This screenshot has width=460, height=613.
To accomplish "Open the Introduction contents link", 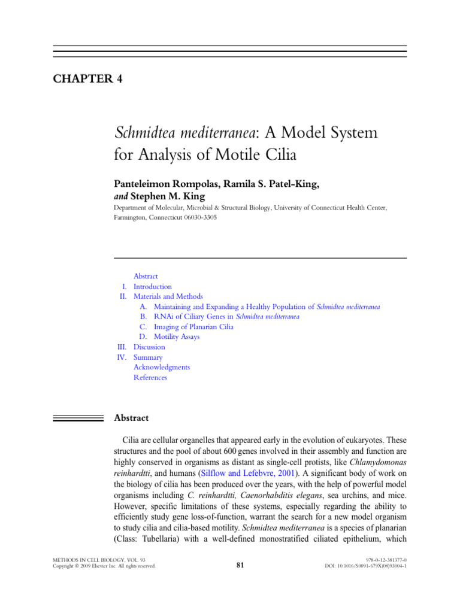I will (152, 287).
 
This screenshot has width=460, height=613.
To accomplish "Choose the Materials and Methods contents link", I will (168, 296).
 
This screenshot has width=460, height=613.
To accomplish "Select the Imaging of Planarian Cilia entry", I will (193, 327).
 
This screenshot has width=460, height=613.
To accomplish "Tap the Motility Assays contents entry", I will (177, 337).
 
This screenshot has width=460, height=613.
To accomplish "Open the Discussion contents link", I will (149, 347).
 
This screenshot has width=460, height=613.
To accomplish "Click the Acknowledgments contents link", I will (162, 368).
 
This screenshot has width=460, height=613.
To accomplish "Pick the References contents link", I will (150, 378).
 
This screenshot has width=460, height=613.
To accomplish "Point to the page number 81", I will (240, 564).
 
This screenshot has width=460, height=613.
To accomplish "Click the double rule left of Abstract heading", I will (78, 418).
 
